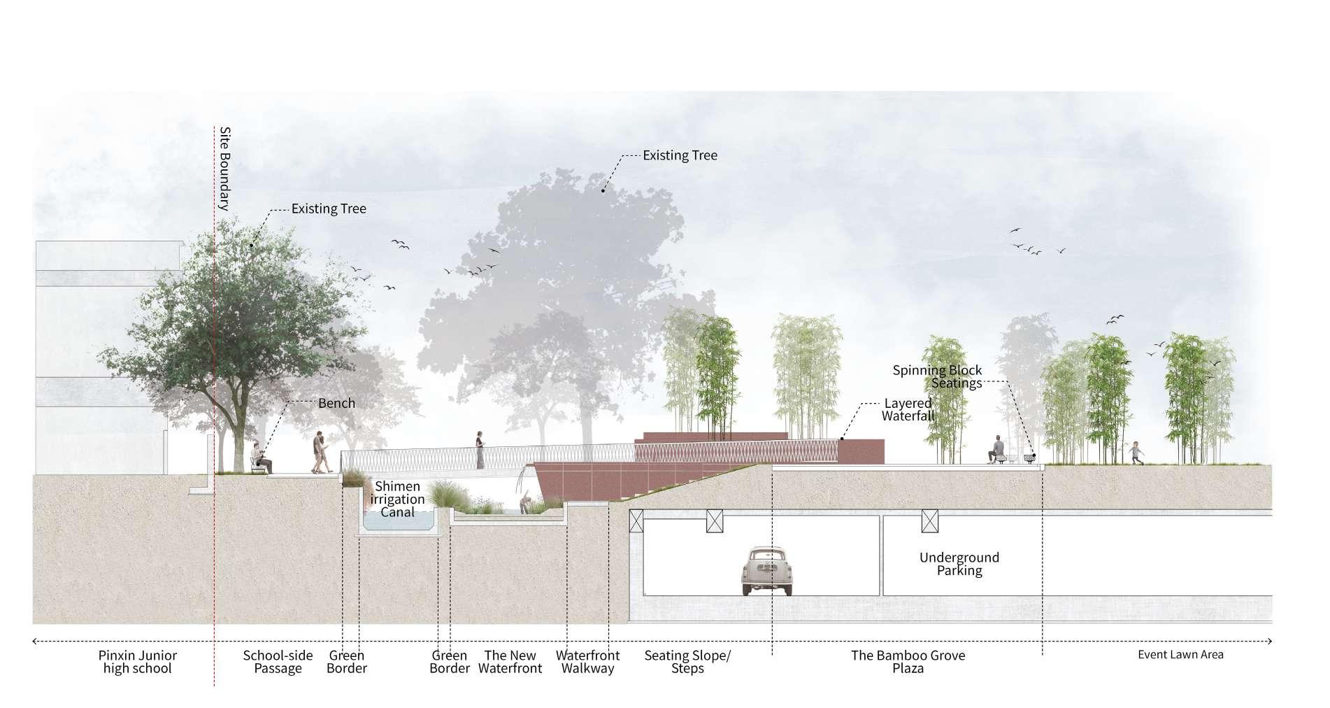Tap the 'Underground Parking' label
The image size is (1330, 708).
tap(959, 564)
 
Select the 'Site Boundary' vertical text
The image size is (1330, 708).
tap(224, 169)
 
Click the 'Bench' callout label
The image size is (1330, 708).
tap(336, 403)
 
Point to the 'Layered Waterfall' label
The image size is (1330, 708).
tap(908, 409)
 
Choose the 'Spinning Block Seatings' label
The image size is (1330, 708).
tap(938, 376)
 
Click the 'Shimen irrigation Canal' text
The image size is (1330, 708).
tap(397, 499)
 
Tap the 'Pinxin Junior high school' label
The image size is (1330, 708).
tap(137, 662)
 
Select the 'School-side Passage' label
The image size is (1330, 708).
tap(278, 662)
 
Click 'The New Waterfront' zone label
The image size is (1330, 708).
tap(510, 662)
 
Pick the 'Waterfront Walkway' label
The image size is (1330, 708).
tap(587, 662)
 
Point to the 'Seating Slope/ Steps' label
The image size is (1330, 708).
tap(687, 662)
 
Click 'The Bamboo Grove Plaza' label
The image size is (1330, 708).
tap(908, 662)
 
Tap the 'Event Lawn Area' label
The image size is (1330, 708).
tap(1180, 655)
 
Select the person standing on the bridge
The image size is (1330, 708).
tap(480, 449)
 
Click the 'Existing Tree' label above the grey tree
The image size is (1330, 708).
tap(680, 155)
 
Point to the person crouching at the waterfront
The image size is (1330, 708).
tap(526, 502)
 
